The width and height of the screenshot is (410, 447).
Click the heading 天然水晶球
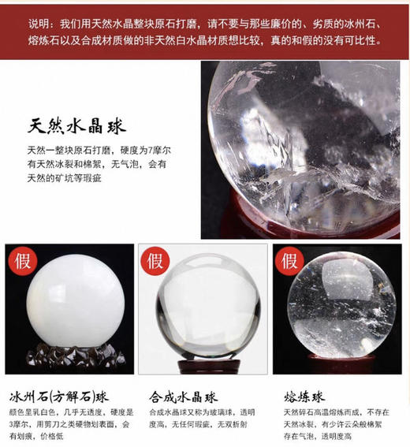point(76,126)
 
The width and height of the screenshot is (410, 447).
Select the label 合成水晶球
point(183,395)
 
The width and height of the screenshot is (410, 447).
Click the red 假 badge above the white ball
point(21,259)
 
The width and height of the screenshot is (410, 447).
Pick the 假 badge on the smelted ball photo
point(289,259)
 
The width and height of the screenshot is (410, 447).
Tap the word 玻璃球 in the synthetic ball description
point(218,412)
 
